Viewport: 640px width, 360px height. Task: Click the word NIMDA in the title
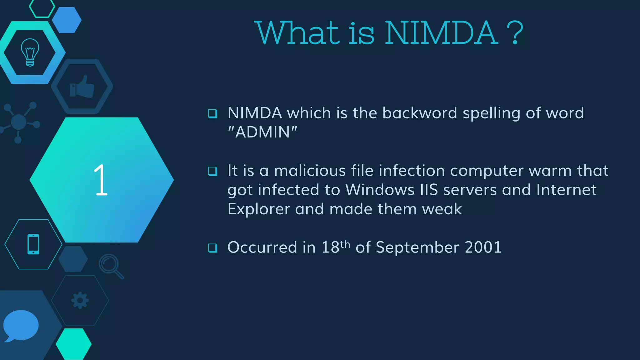tap(441, 33)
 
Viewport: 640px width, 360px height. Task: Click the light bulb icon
tap(30, 52)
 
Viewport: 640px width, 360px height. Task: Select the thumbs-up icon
tap(82, 87)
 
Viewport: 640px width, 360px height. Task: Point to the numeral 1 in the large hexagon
tap(101, 180)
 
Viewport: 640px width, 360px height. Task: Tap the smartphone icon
tap(33, 244)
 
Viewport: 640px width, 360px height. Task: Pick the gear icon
tap(80, 300)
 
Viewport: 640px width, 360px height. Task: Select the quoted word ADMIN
tap(262, 132)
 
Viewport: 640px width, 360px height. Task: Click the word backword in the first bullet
tap(420, 113)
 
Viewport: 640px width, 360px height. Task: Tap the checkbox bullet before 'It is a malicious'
tap(212, 171)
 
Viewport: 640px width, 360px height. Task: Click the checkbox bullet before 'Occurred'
tap(212, 248)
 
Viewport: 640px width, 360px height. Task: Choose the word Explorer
tap(258, 209)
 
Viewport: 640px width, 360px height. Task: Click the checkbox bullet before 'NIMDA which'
tap(212, 113)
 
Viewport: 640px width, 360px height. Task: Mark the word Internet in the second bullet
tap(566, 190)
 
